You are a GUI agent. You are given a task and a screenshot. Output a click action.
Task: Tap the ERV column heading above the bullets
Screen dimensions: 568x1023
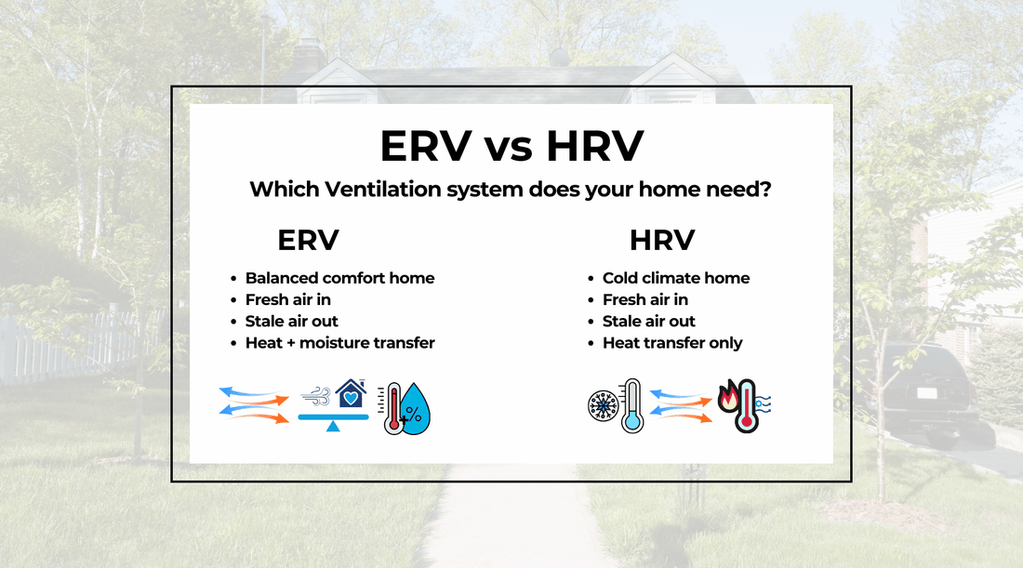(x=308, y=240)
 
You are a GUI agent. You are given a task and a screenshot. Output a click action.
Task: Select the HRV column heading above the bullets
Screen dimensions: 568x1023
(x=662, y=240)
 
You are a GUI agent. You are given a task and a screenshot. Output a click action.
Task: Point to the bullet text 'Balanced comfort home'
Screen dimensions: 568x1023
(x=339, y=278)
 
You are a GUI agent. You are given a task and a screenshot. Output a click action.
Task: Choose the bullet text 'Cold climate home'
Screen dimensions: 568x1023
(x=675, y=278)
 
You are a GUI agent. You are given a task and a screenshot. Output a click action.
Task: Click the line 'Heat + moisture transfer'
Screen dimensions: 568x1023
(x=339, y=343)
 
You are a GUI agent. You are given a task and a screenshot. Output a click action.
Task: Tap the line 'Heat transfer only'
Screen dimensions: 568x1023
(x=671, y=343)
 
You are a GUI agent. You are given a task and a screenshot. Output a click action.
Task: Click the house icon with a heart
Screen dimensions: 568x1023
(x=351, y=395)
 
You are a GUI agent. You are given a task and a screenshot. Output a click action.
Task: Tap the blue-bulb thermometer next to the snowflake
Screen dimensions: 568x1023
(x=632, y=405)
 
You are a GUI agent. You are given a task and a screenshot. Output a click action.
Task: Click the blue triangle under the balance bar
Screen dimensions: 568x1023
(x=333, y=427)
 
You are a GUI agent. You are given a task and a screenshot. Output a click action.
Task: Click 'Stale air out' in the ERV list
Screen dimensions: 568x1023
(x=291, y=322)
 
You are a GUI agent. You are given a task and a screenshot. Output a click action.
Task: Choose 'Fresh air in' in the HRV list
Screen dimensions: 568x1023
(x=644, y=299)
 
